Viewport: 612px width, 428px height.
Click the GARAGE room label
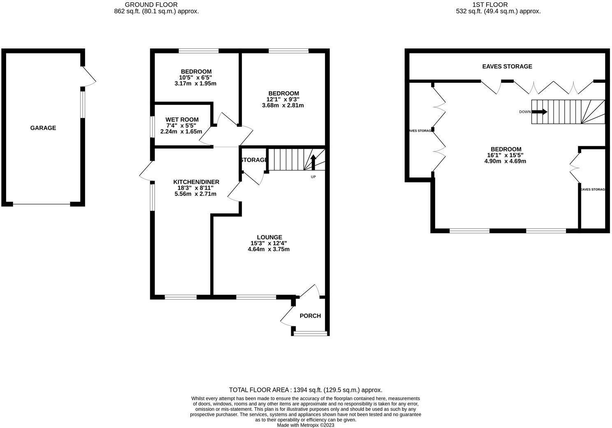[x=43, y=128]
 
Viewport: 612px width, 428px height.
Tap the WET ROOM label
[x=182, y=120]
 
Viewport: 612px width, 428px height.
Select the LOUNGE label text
[x=269, y=237]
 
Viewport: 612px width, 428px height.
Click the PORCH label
[x=310, y=316]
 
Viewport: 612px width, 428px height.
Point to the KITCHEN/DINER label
[x=196, y=182]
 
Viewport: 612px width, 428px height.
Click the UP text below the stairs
[x=313, y=177]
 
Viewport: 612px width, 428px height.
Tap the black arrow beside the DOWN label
[x=539, y=112]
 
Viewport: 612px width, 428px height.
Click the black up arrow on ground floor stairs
[x=313, y=162]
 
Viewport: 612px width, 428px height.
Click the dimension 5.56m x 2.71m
[x=195, y=194]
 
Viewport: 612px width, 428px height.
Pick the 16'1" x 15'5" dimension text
[x=505, y=155]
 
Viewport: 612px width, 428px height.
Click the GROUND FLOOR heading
[x=151, y=5]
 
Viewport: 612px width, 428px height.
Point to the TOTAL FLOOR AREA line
[x=306, y=390]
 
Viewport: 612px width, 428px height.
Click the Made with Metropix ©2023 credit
[x=306, y=425]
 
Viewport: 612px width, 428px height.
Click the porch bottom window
[x=311, y=333]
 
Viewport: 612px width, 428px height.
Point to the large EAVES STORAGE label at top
[x=507, y=66]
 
